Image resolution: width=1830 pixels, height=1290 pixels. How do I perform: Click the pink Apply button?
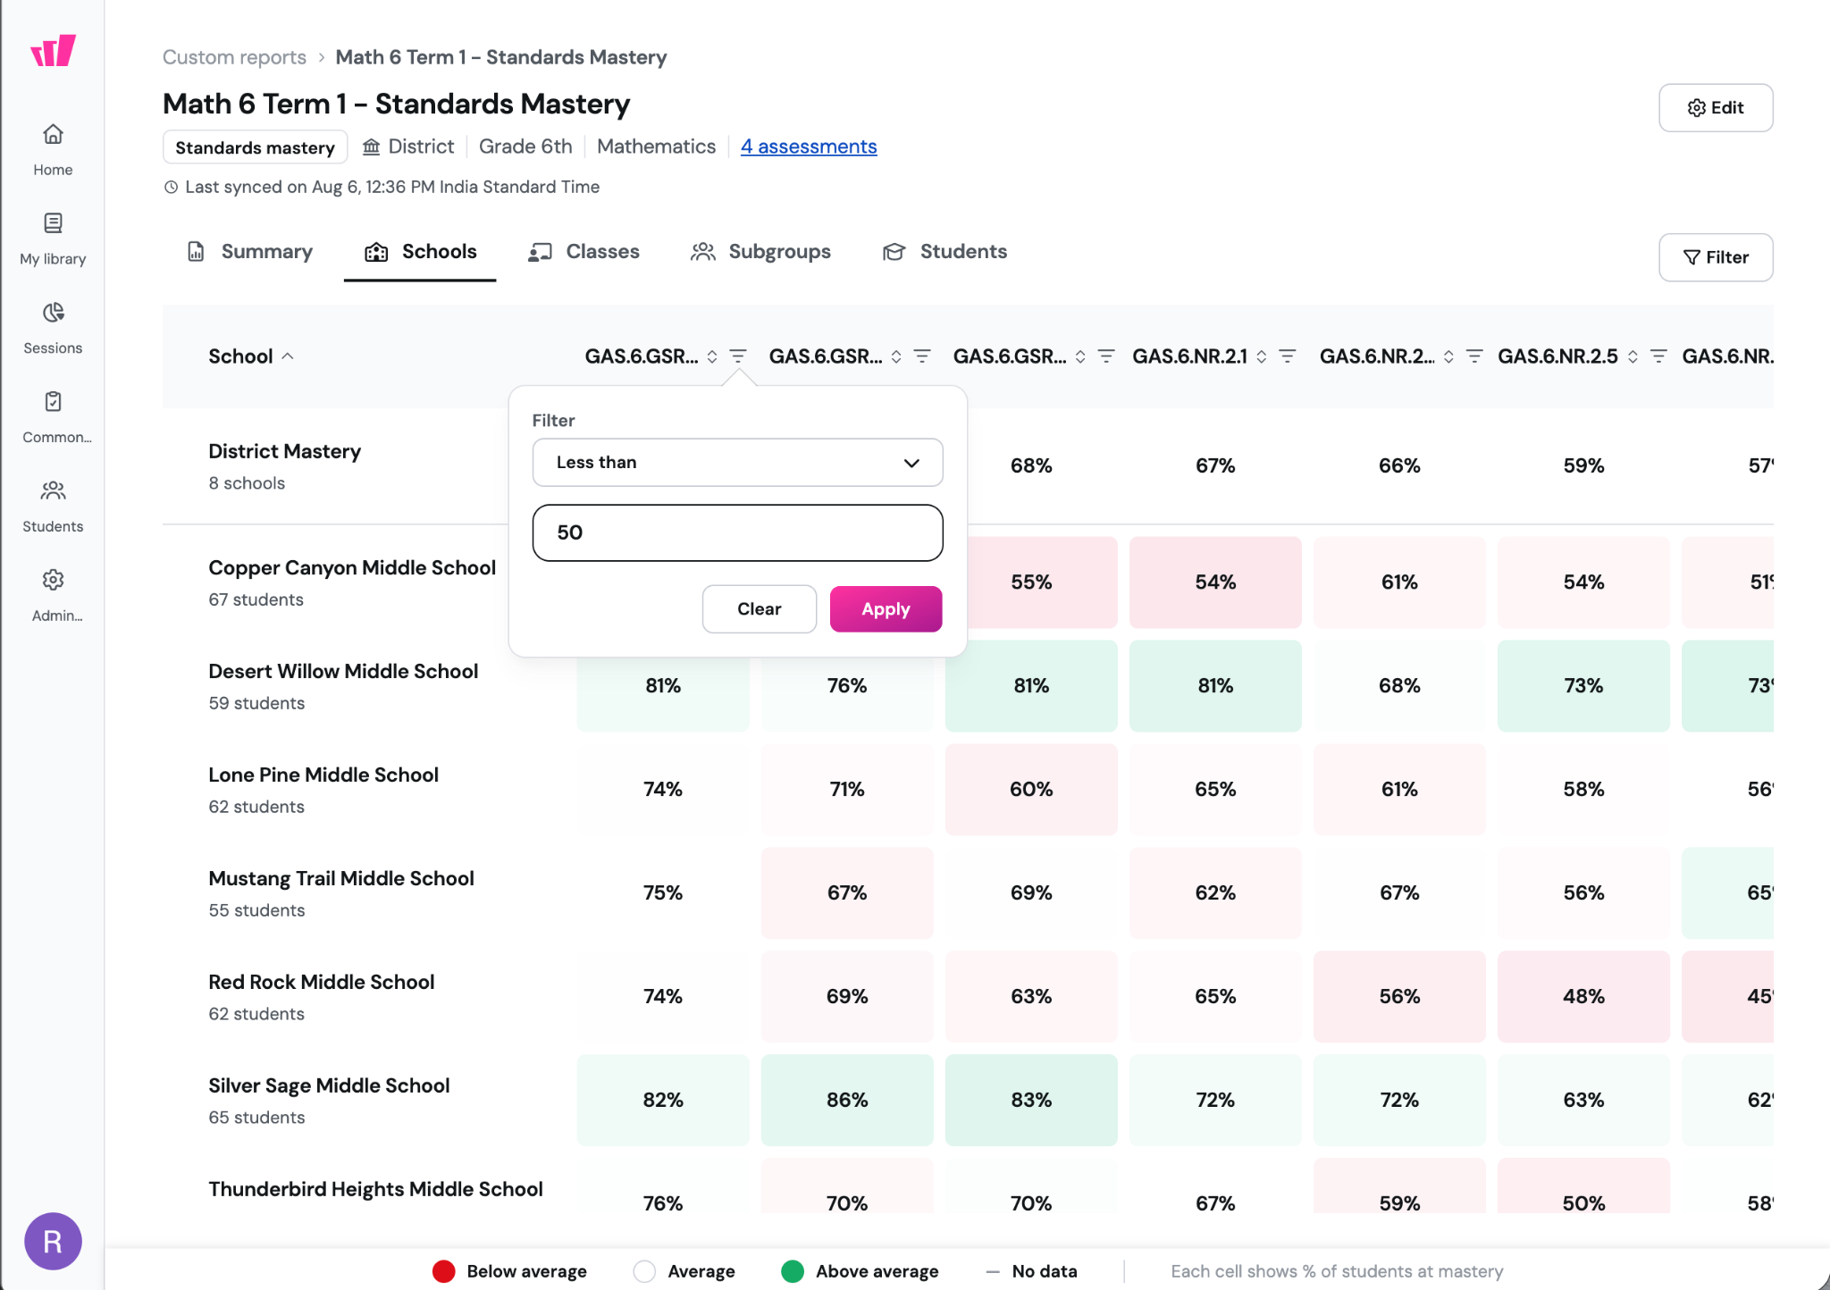point(886,609)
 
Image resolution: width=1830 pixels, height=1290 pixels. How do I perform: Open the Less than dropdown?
point(737,462)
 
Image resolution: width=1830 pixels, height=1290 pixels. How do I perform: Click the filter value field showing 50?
point(737,532)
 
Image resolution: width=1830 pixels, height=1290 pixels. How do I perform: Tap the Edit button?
point(1716,108)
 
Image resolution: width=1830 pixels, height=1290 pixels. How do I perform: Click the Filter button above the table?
point(1716,257)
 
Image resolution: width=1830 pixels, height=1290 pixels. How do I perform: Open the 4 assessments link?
point(809,147)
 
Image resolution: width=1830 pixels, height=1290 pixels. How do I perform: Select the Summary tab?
point(250,252)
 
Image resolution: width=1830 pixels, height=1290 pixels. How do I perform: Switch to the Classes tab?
point(584,252)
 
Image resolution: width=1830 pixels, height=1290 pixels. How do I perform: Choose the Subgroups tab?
point(760,252)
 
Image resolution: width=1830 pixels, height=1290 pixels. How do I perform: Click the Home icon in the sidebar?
point(53,134)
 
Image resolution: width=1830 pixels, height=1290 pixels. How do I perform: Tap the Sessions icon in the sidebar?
point(53,313)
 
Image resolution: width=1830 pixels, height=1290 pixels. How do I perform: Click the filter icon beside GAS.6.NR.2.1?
point(1288,356)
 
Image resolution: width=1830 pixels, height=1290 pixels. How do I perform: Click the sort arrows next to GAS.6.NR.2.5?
point(1633,356)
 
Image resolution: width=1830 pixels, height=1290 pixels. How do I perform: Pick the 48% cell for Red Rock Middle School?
point(1583,996)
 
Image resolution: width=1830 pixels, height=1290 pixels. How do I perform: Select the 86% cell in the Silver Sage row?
point(847,1100)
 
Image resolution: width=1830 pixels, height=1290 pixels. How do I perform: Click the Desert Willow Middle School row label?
point(343,672)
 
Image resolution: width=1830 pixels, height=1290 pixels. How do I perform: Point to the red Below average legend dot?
point(444,1271)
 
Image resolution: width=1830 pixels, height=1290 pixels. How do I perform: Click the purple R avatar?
point(53,1241)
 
